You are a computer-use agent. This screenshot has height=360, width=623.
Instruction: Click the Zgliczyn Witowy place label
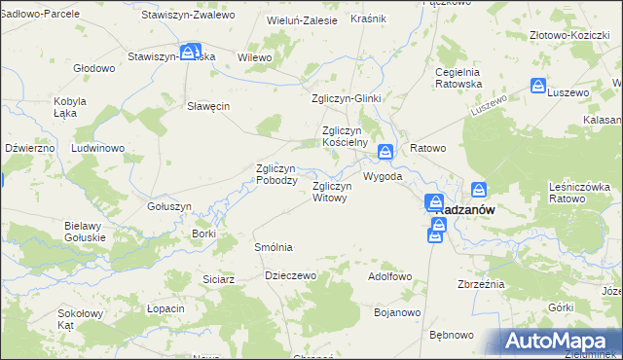click(329, 192)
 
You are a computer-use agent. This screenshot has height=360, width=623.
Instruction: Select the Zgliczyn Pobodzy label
click(275, 174)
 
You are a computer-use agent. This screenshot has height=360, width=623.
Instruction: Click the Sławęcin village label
click(207, 107)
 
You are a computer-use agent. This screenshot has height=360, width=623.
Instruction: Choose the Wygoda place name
click(383, 178)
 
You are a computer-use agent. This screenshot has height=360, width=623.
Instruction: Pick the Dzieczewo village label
click(291, 275)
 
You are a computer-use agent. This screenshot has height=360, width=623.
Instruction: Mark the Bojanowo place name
click(396, 312)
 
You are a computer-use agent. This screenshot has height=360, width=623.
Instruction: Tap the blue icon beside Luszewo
click(538, 87)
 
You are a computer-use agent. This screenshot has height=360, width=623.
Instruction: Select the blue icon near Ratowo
click(386, 152)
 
